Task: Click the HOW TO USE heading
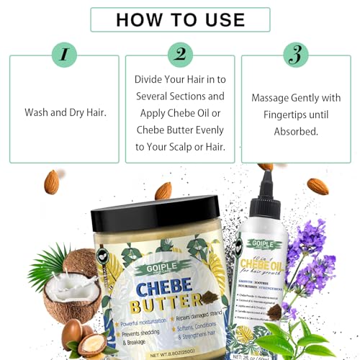point(179,19)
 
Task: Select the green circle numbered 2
point(179,54)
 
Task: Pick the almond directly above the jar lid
point(163,190)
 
